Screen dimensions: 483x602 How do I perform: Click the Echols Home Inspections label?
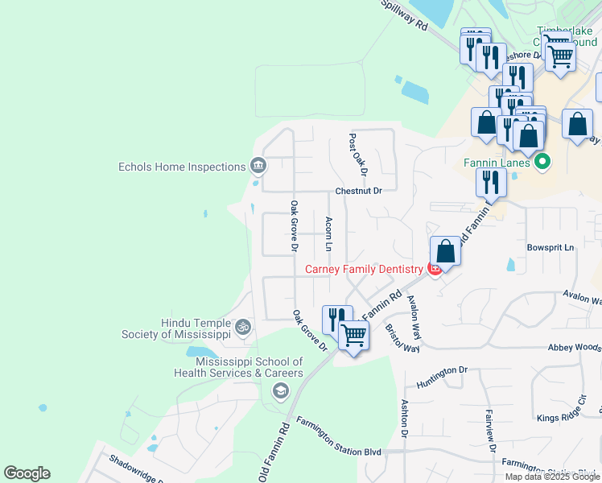pyautogui.click(x=181, y=167)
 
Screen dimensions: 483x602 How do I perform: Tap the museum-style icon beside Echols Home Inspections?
pyautogui.click(x=258, y=167)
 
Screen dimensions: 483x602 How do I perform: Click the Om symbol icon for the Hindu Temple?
pyautogui.click(x=242, y=328)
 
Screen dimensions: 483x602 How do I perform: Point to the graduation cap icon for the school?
pyautogui.click(x=280, y=391)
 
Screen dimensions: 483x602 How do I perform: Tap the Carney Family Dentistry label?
pyautogui.click(x=363, y=269)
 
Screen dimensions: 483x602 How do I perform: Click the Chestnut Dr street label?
pyautogui.click(x=359, y=191)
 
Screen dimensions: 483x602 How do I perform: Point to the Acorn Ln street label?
pyautogui.click(x=328, y=233)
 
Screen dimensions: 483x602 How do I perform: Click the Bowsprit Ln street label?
pyautogui.click(x=550, y=247)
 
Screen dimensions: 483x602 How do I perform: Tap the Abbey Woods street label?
pyautogui.click(x=575, y=347)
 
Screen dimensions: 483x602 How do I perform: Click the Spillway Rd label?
pyautogui.click(x=404, y=15)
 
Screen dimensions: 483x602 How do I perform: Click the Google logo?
pyautogui.click(x=27, y=473)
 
